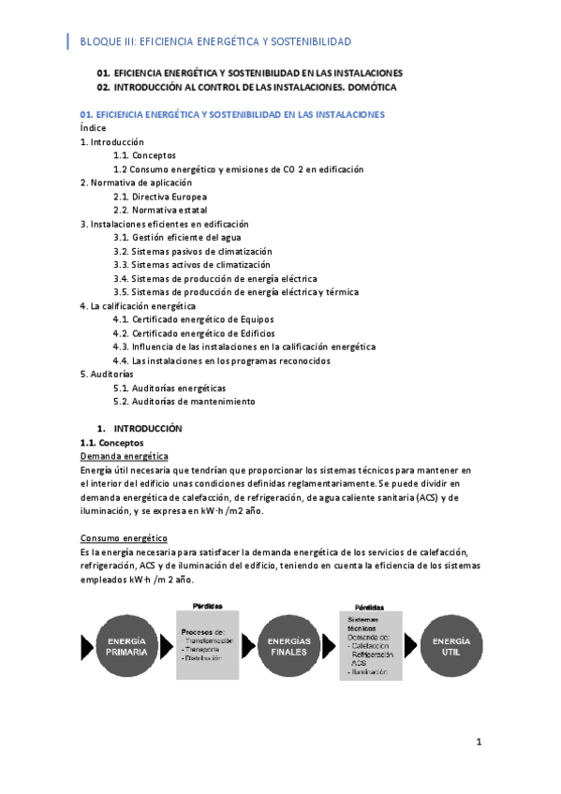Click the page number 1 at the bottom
479,743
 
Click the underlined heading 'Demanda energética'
124,456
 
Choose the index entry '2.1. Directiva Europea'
160,197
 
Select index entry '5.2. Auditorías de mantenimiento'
184,401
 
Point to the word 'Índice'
93,128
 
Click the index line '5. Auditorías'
107,374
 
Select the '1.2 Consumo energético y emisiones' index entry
238,169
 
